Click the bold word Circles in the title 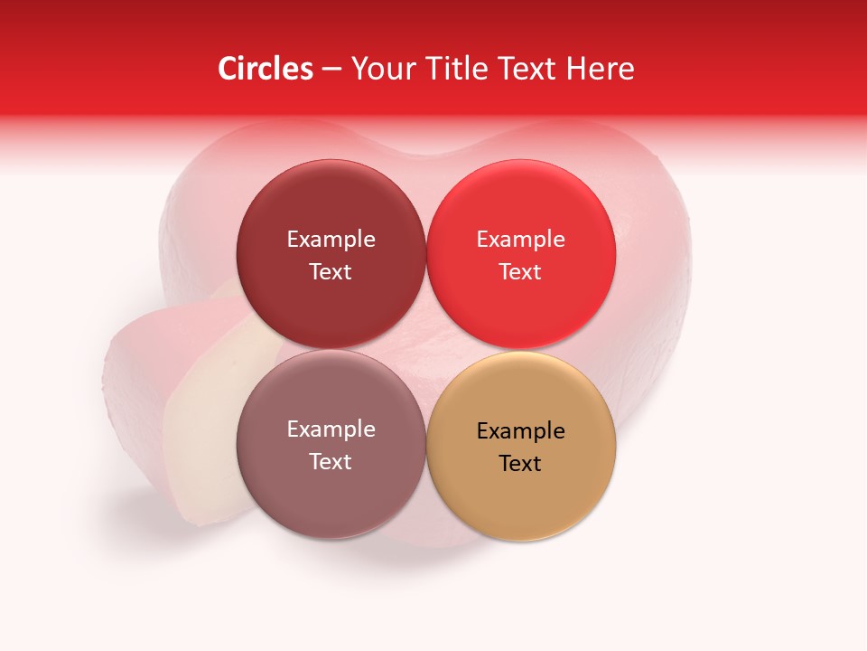tap(265, 69)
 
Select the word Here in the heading tap(600, 69)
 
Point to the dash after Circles tap(331, 70)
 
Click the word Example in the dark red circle tap(331, 240)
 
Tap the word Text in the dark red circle tap(331, 272)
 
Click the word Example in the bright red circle tap(521, 240)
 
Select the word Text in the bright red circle tap(521, 272)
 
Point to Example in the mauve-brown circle tap(331, 429)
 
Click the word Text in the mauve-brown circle tap(331, 462)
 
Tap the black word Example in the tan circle tap(521, 431)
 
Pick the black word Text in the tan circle tap(521, 464)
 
